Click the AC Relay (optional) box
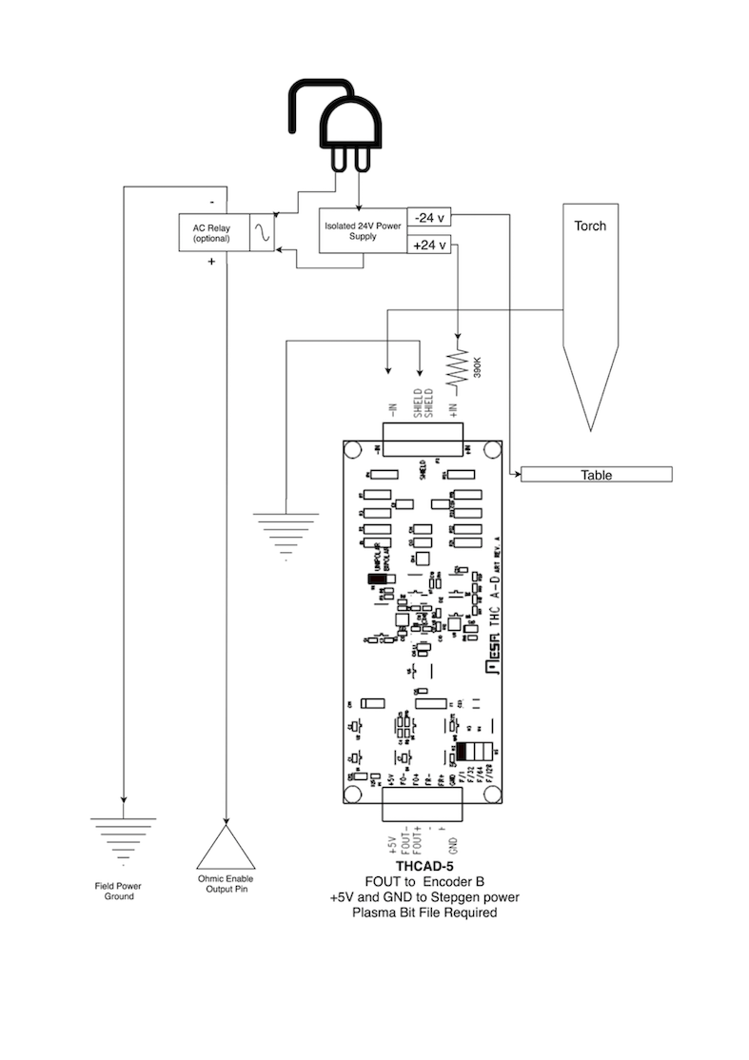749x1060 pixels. [x=214, y=232]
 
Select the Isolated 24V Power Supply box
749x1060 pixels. [x=362, y=230]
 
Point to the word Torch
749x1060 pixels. [x=590, y=226]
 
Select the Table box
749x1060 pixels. [x=597, y=475]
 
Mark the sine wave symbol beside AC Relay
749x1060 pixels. [x=263, y=232]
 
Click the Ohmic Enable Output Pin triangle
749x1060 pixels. [x=226, y=846]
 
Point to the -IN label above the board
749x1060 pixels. [x=391, y=411]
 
